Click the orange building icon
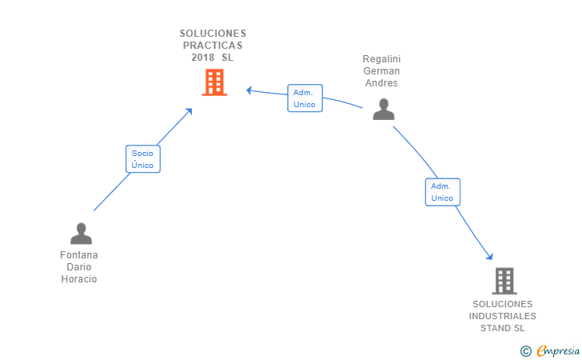click(x=214, y=82)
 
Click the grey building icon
click(x=504, y=281)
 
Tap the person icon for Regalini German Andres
click(x=384, y=110)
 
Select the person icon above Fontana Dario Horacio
click(x=81, y=234)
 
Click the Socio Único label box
click(x=143, y=159)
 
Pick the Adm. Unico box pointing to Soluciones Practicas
click(x=305, y=98)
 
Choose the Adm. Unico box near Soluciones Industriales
click(x=442, y=192)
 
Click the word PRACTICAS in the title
click(x=213, y=46)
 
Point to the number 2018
click(x=203, y=58)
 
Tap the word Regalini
click(x=381, y=59)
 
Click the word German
click(x=381, y=71)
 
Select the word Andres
click(x=381, y=83)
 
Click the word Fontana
click(x=79, y=255)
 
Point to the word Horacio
click(x=79, y=279)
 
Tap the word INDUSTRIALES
click(x=503, y=316)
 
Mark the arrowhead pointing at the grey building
click(x=490, y=256)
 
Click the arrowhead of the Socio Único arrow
click(x=189, y=111)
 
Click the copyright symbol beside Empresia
click(x=525, y=351)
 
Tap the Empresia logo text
click(x=558, y=350)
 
